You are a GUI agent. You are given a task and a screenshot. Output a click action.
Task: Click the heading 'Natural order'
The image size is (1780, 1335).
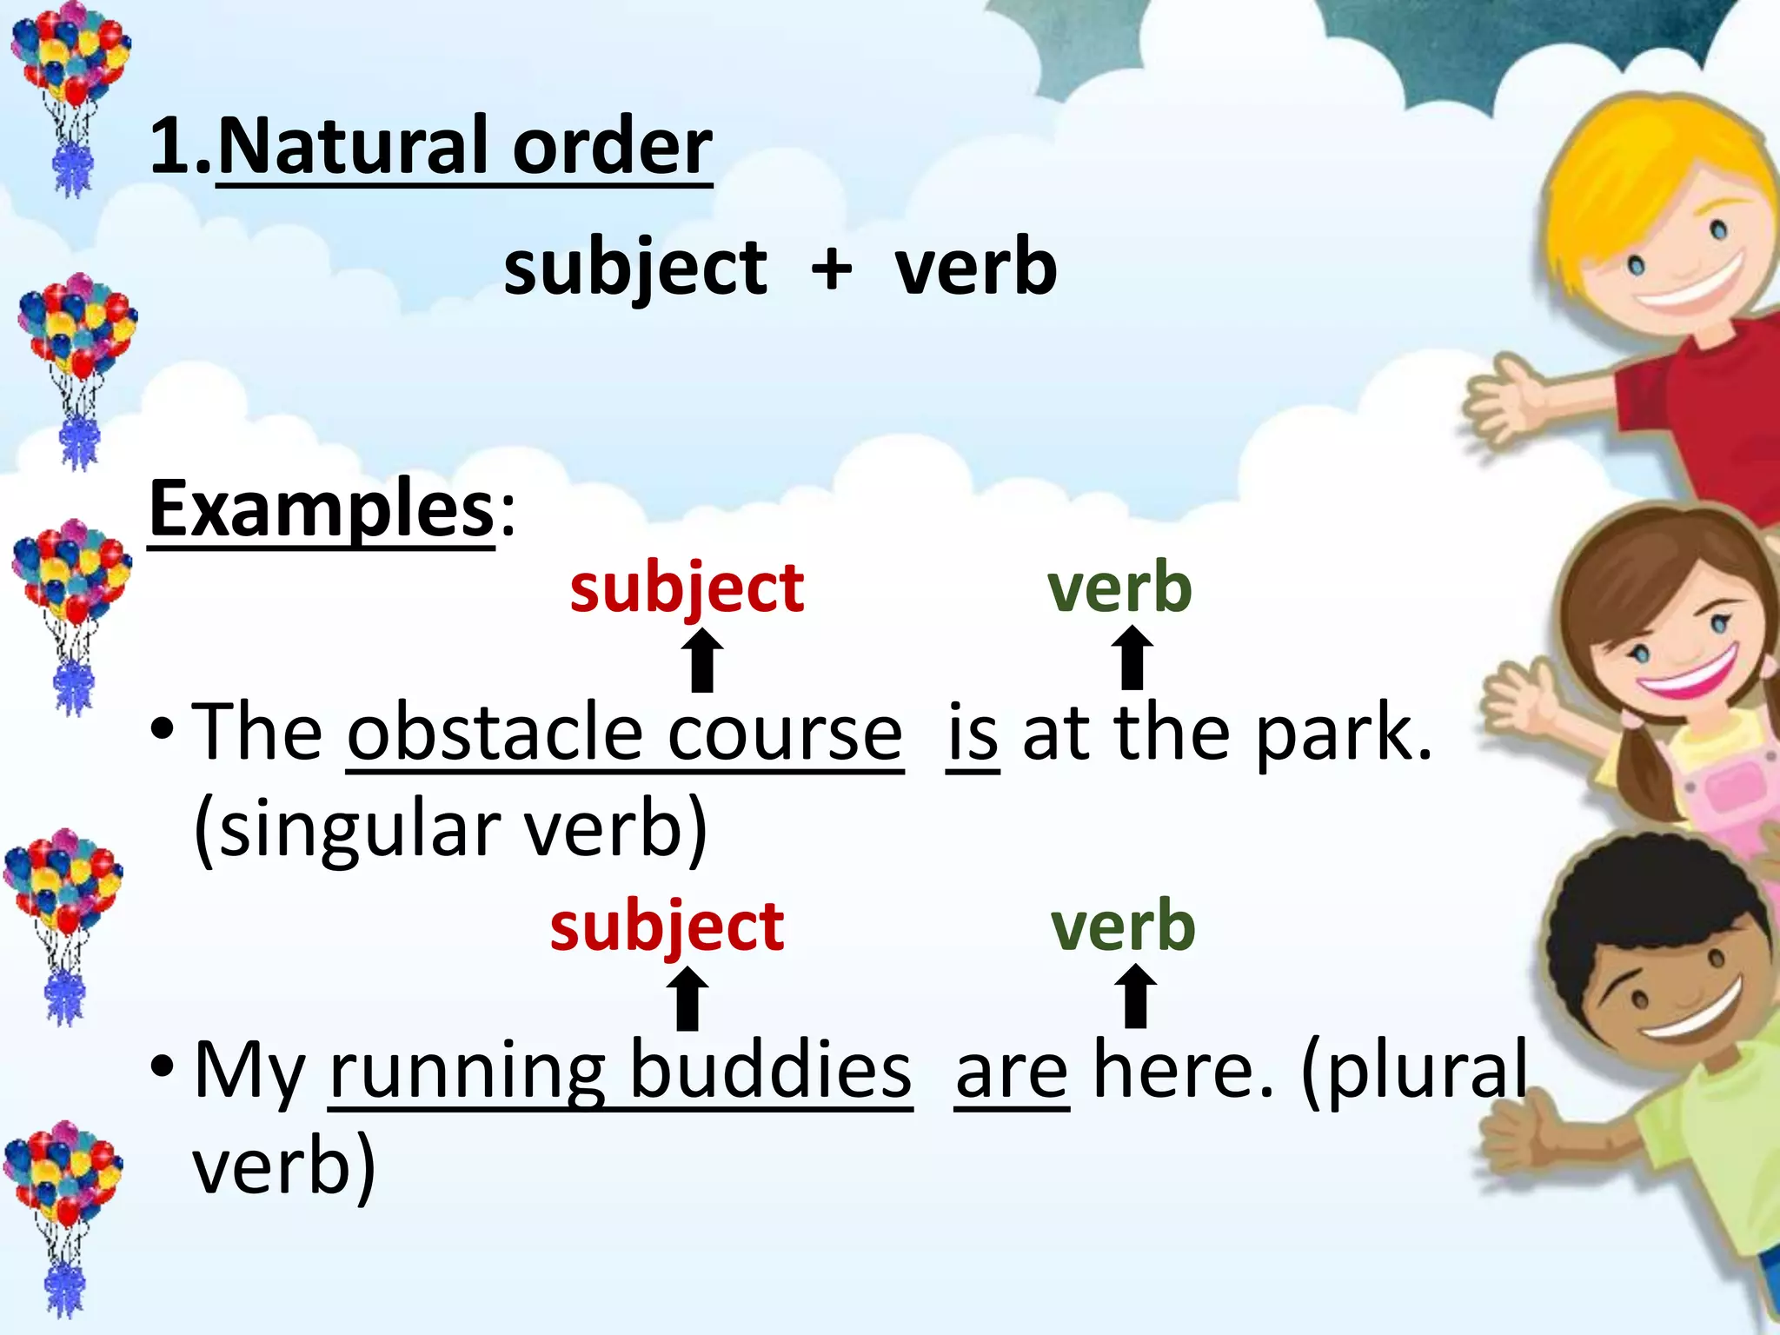(x=464, y=146)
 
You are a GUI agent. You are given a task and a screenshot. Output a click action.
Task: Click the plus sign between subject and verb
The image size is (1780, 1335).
(x=831, y=268)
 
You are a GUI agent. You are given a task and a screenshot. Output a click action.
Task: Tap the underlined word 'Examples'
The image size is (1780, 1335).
(x=322, y=510)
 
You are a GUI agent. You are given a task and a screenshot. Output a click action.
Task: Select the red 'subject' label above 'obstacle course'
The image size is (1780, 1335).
(x=687, y=589)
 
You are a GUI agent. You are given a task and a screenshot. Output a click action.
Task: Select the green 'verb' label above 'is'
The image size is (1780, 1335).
(x=1119, y=589)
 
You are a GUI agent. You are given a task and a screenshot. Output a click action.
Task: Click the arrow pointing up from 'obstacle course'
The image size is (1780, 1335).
(x=702, y=661)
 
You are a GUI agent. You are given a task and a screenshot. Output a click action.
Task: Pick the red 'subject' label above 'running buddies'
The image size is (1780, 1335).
(x=667, y=927)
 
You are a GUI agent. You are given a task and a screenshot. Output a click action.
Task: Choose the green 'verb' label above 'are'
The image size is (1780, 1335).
(x=1123, y=927)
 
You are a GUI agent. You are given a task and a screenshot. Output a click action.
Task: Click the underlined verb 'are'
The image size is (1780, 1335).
(x=1012, y=1073)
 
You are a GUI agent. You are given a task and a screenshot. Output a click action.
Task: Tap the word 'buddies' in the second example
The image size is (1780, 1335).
(x=770, y=1071)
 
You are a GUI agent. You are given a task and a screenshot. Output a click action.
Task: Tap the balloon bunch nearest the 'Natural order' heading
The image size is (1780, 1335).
(x=71, y=96)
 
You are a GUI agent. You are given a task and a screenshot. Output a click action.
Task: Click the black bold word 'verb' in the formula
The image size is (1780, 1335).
(x=975, y=268)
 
